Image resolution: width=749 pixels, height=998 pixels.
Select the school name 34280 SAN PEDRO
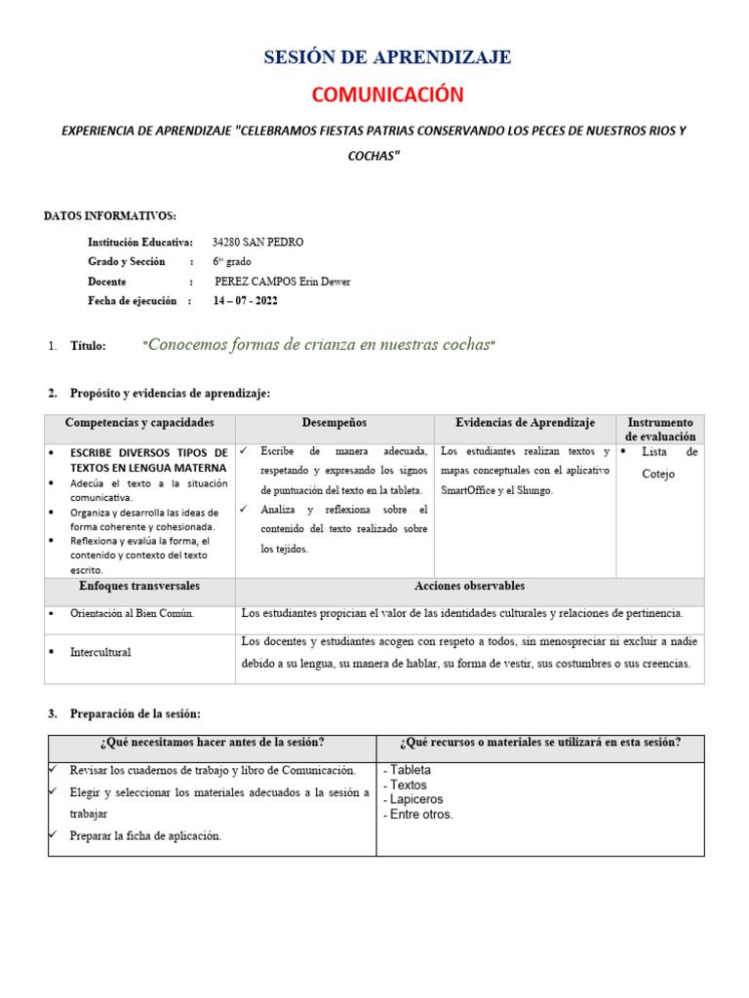coord(257,242)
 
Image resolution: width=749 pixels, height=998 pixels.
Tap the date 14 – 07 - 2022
coord(246,301)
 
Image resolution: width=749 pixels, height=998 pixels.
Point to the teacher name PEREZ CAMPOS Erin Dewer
coord(282,282)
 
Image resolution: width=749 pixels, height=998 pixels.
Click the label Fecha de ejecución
coord(133,301)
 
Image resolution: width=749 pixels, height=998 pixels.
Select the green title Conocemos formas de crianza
coord(319,345)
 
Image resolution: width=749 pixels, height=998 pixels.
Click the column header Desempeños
coord(334,423)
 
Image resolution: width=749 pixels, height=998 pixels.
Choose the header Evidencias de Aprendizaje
coord(525,423)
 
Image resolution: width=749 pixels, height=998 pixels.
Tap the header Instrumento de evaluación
coord(660,430)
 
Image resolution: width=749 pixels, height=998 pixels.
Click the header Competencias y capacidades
coord(138,423)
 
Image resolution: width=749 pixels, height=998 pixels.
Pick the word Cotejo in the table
coord(658,474)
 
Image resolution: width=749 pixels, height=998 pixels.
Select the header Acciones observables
coord(469,586)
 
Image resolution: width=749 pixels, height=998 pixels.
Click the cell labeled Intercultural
coord(100,652)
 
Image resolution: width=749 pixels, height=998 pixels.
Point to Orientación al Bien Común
coord(133,613)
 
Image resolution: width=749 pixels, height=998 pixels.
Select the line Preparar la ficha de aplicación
coord(145,835)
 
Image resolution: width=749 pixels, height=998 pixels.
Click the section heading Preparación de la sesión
coord(136,714)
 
